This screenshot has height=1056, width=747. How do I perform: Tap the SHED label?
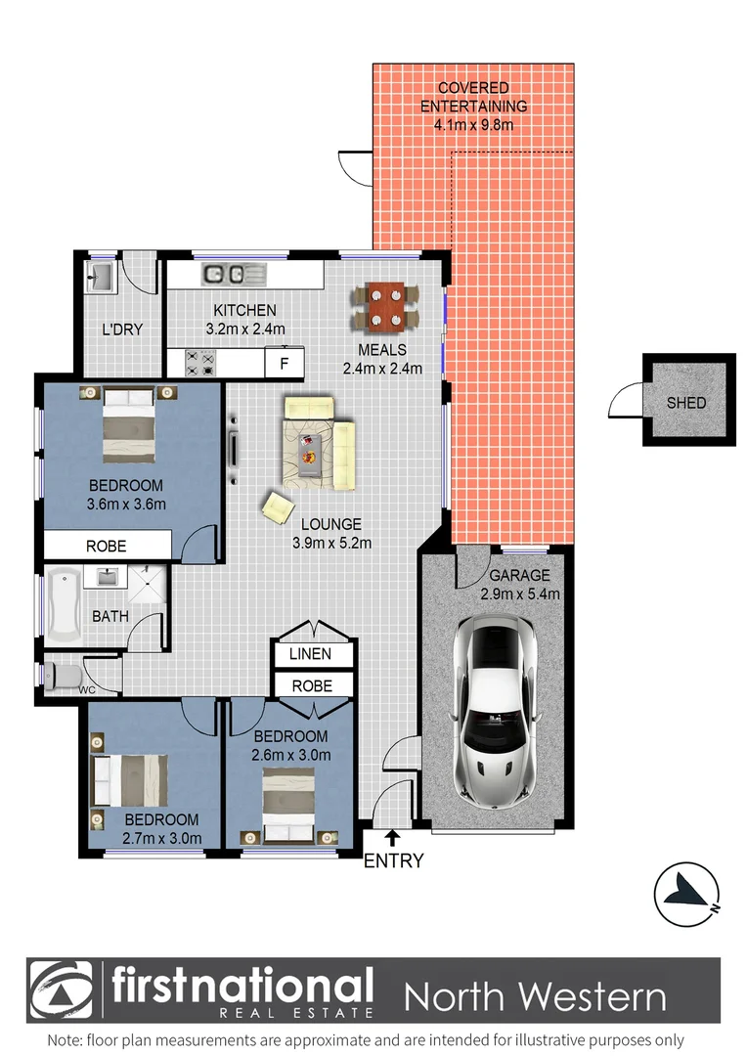[685, 402]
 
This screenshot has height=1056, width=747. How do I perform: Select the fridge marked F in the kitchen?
[285, 365]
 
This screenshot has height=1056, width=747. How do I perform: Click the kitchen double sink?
[228, 274]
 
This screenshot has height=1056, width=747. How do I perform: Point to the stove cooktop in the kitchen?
[200, 364]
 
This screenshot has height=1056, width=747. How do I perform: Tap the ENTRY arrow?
[392, 837]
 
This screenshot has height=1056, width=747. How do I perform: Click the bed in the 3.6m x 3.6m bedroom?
[129, 425]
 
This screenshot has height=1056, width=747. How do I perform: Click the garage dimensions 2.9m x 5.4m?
[519, 594]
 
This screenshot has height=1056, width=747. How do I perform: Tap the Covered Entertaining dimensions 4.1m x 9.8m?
[473, 124]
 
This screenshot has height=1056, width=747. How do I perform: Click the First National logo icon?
[60, 990]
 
